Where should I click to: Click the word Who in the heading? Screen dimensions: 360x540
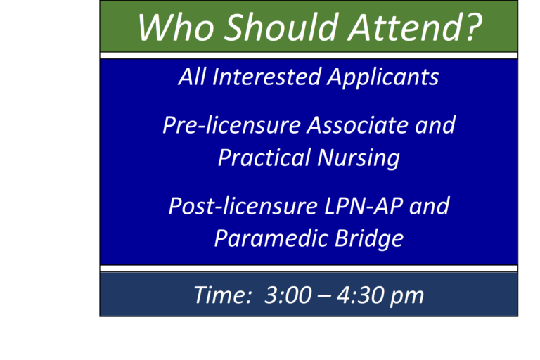176,27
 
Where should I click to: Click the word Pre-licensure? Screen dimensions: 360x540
232,125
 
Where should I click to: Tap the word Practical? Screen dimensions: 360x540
255,157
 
